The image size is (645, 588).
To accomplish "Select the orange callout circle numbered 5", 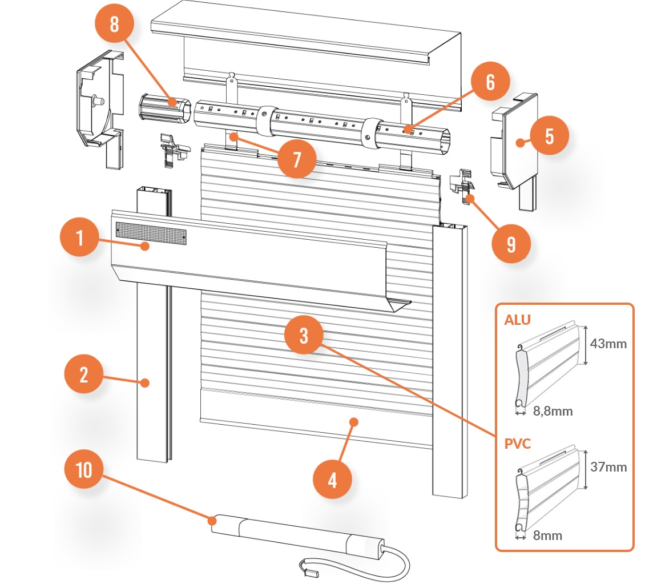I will (x=549, y=137).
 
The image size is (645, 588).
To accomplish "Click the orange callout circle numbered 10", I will (x=83, y=470).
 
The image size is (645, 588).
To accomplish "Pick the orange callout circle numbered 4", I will (x=332, y=480).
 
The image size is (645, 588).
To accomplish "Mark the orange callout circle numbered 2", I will (x=83, y=375).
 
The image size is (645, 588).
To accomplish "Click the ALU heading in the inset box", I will (x=517, y=320).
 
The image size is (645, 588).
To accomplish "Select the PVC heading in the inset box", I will (x=518, y=444).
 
